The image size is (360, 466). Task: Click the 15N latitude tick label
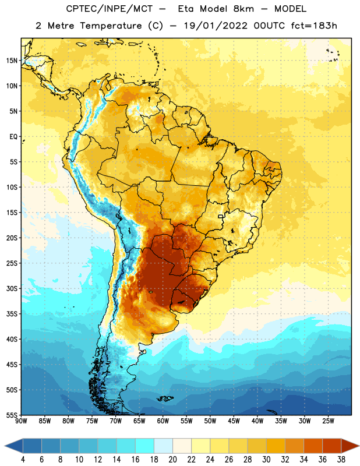(12, 61)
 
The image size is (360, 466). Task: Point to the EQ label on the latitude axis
(13, 137)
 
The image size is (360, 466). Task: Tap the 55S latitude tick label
(12, 415)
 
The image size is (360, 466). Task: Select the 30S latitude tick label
(12, 288)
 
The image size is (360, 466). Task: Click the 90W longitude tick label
(21, 421)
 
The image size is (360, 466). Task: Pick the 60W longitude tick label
(163, 421)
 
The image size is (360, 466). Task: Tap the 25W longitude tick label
(328, 421)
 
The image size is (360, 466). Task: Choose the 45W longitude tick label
(234, 421)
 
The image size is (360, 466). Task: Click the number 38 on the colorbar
(341, 460)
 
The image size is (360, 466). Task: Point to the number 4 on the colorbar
(23, 460)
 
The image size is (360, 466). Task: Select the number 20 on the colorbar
(172, 460)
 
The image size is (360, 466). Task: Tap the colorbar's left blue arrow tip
(5, 446)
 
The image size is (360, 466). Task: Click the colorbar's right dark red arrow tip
(359, 446)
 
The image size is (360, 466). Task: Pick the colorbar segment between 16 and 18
(145, 446)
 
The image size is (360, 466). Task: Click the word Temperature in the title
(111, 26)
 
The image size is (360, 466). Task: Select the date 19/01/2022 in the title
(216, 26)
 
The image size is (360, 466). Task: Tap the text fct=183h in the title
(314, 26)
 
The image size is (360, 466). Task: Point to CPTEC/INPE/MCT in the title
(110, 9)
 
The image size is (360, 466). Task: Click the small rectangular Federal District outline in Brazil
(220, 216)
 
